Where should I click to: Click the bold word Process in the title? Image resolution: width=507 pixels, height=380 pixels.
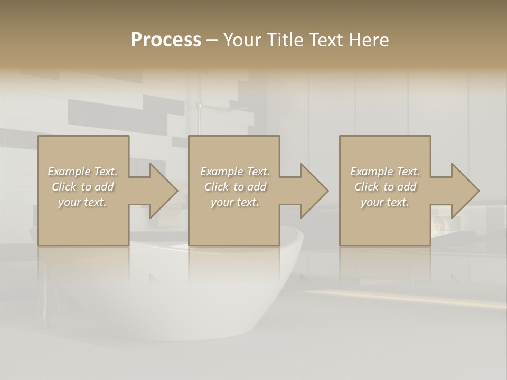click(166, 40)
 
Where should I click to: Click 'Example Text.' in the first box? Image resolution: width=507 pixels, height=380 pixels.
click(82, 172)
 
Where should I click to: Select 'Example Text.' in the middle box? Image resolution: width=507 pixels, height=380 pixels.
click(234, 172)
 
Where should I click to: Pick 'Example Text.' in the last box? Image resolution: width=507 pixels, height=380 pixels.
click(385, 172)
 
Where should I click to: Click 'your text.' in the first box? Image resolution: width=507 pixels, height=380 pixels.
click(82, 202)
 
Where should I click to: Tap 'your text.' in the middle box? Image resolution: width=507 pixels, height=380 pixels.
click(234, 202)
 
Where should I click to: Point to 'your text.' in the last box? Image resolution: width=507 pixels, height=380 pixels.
click(385, 202)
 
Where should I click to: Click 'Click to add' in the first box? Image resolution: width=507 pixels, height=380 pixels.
click(82, 187)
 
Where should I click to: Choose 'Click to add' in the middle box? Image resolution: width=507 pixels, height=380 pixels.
click(234, 187)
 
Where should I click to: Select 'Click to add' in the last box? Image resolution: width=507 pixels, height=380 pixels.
click(385, 187)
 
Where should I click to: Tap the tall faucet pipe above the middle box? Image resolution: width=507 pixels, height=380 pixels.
click(200, 119)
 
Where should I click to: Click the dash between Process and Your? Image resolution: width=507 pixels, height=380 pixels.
click(212, 40)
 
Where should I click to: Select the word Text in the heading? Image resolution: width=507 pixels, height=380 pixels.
click(327, 40)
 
